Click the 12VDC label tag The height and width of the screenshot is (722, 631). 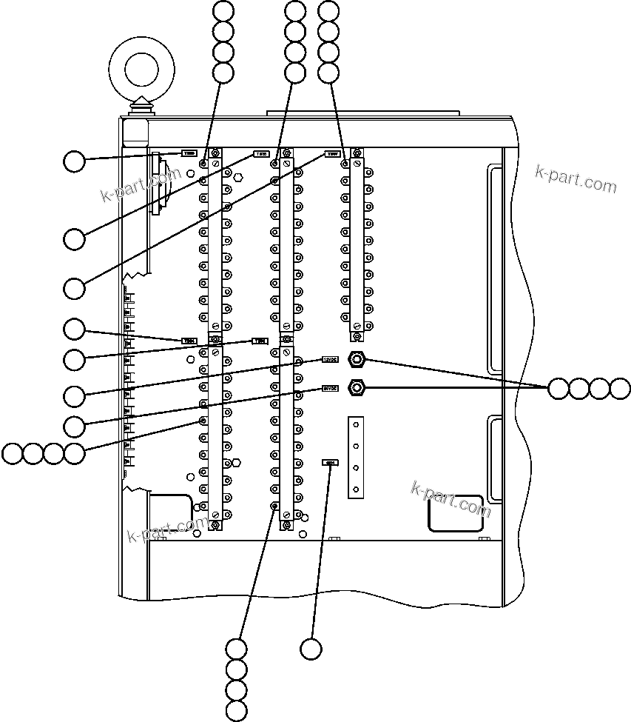pos(330,360)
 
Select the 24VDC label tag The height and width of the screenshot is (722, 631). pos(330,387)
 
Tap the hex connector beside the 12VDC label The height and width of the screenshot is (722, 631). pos(357,361)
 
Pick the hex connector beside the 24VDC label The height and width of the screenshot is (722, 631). pos(357,387)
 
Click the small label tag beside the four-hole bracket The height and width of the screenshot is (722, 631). pos(330,463)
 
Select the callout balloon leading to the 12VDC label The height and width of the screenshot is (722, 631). pos(74,395)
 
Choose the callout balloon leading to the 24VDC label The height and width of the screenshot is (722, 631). pos(74,425)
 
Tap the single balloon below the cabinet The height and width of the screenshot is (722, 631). pos(311,649)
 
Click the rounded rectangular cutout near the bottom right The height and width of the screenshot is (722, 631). pos(456,513)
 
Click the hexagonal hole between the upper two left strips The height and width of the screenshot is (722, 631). pos(237,178)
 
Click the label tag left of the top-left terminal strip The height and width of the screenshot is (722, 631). pos(189,154)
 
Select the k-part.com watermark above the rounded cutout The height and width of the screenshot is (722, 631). pos(451,497)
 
